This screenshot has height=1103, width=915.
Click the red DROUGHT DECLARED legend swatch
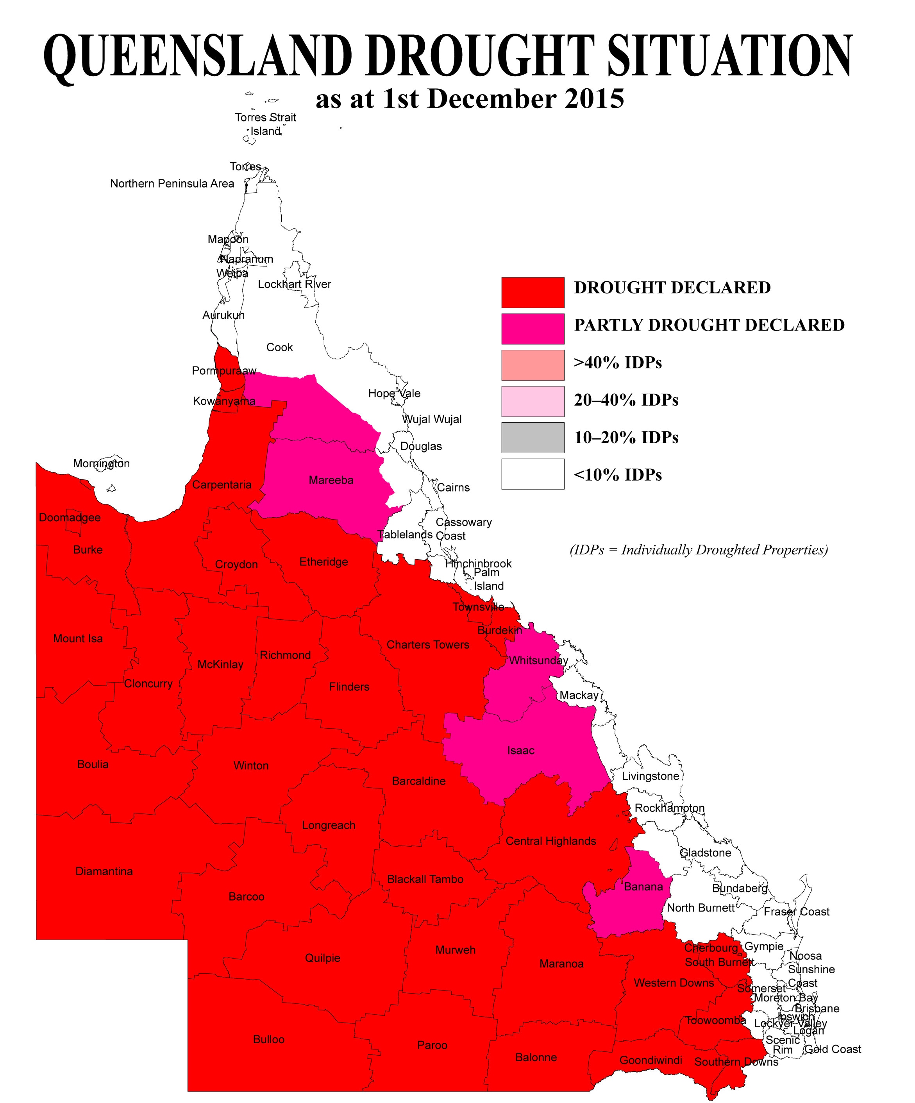pos(532,293)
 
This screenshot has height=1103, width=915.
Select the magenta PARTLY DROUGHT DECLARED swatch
pos(532,329)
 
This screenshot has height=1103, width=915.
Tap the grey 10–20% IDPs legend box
pos(532,438)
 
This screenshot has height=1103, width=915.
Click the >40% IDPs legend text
pos(618,363)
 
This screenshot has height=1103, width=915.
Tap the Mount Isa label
pos(78,639)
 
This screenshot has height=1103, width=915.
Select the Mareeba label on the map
pos(331,480)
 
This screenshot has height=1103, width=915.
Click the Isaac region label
pos(520,751)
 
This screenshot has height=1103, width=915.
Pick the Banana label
pos(643,887)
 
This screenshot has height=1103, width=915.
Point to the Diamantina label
pos(104,871)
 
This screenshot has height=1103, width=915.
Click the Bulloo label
pos(268,1039)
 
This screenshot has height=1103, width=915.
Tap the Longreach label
pos(328,825)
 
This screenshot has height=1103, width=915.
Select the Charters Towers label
pos(427,645)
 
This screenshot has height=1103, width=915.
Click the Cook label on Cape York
pos(279,347)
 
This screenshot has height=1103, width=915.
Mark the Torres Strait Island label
pos(265,124)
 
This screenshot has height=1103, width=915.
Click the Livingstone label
pos(650,776)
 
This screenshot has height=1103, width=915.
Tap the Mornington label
pos(101,463)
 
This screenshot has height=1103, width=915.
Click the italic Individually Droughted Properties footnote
pos(699,550)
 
